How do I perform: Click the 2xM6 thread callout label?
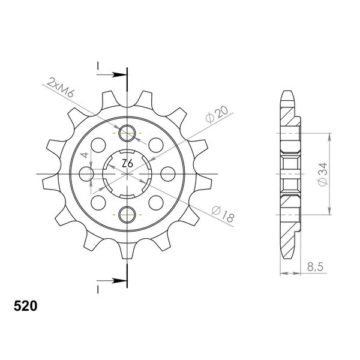tap(60, 88)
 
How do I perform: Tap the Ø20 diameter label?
tap(217, 114)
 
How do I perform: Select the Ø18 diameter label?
tap(223, 214)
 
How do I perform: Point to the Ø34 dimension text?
tap(322, 174)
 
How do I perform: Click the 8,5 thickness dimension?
tap(315, 267)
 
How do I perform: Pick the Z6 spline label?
tap(127, 164)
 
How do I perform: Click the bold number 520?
tap(25, 306)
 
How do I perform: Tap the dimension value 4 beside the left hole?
tap(85, 155)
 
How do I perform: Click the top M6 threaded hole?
tap(127, 133)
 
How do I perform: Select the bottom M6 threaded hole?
tap(127, 215)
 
